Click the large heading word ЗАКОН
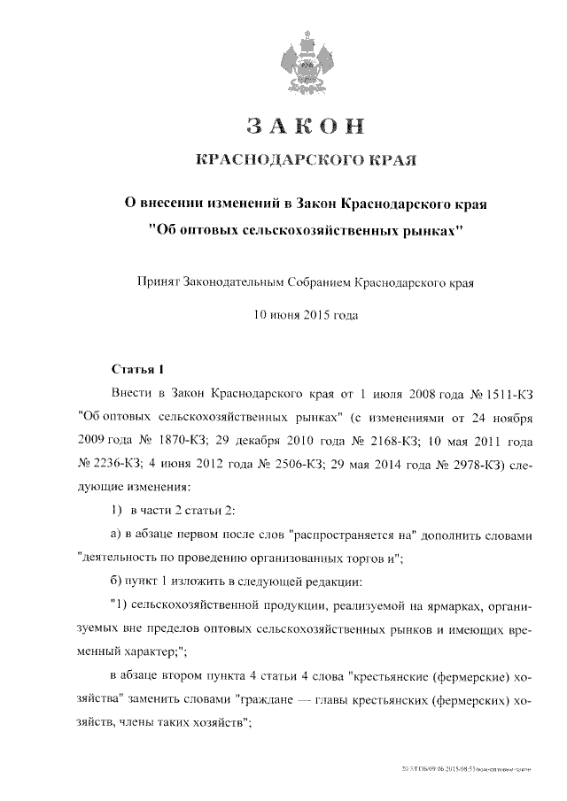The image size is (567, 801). tap(305, 127)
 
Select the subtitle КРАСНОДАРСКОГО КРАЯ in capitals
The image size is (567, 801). tap(305, 160)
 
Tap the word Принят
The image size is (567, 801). tap(158, 283)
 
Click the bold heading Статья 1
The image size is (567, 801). tap(138, 368)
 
